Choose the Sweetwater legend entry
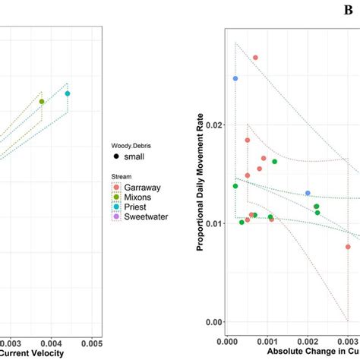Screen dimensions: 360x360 coord(143,216)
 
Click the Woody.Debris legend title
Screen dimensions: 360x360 coord(134,142)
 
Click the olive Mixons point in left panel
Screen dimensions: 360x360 coord(42,102)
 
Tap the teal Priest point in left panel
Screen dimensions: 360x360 coord(68,93)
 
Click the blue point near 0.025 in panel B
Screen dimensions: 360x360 coord(235,78)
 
